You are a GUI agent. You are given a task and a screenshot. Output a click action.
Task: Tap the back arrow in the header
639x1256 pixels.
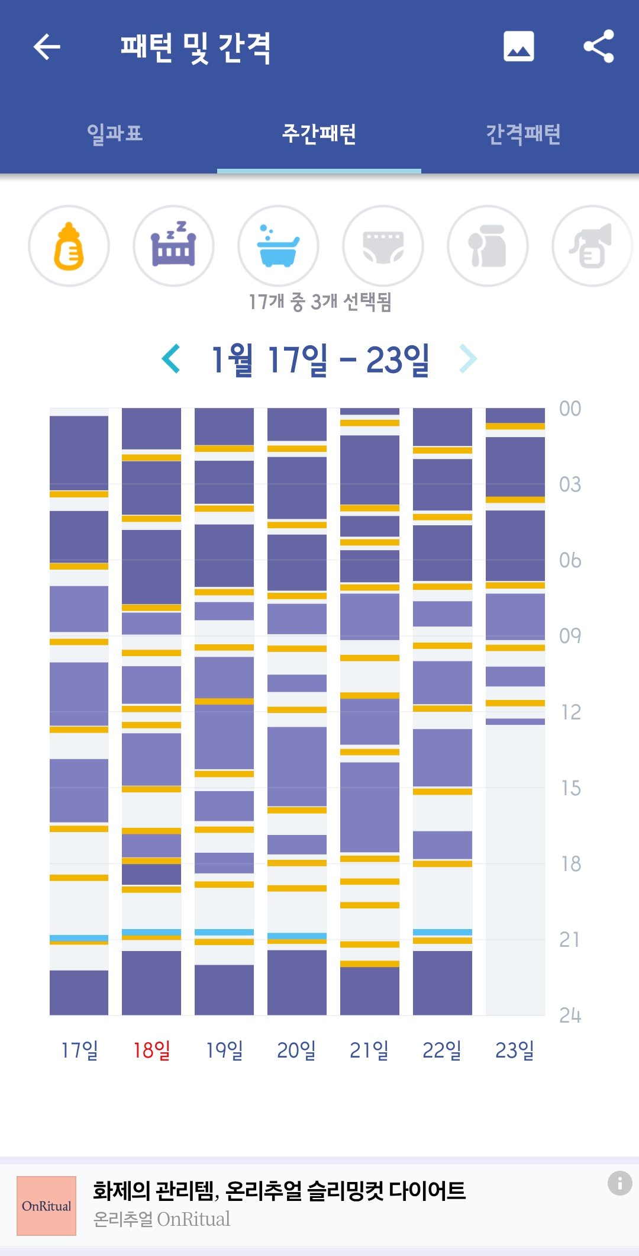(47, 47)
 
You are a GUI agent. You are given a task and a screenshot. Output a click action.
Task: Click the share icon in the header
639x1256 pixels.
(598, 46)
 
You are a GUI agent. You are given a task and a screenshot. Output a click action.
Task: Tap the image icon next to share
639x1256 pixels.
(518, 46)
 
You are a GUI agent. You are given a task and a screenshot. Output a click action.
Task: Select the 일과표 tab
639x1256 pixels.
(115, 133)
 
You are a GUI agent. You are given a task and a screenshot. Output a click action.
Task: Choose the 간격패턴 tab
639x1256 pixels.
(523, 133)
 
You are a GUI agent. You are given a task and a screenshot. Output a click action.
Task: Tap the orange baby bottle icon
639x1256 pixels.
(69, 246)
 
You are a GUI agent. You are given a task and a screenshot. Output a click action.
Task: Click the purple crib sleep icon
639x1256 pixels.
(173, 246)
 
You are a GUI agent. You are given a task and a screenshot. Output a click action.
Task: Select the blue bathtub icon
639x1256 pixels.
(278, 246)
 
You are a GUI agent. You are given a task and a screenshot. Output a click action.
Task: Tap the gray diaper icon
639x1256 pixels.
(383, 246)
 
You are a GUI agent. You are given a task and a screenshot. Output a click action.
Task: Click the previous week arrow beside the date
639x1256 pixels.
(171, 359)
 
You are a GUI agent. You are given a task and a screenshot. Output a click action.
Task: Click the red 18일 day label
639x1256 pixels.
(151, 1050)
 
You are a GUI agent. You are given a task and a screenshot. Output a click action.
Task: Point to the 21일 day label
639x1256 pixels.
(369, 1050)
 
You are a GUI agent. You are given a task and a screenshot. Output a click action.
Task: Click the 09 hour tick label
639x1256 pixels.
(570, 636)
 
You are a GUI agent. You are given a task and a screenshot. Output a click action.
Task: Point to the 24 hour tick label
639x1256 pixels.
(570, 1015)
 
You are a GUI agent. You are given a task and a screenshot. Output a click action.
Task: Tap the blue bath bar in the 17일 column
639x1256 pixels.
(79, 937)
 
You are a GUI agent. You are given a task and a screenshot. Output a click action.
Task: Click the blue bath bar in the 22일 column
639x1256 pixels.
(442, 932)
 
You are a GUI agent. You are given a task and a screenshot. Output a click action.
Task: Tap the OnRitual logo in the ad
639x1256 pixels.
(46, 1206)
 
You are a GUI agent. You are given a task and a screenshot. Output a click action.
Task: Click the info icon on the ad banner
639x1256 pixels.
(619, 1183)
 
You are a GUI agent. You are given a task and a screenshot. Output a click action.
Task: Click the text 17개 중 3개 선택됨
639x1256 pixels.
(319, 302)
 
